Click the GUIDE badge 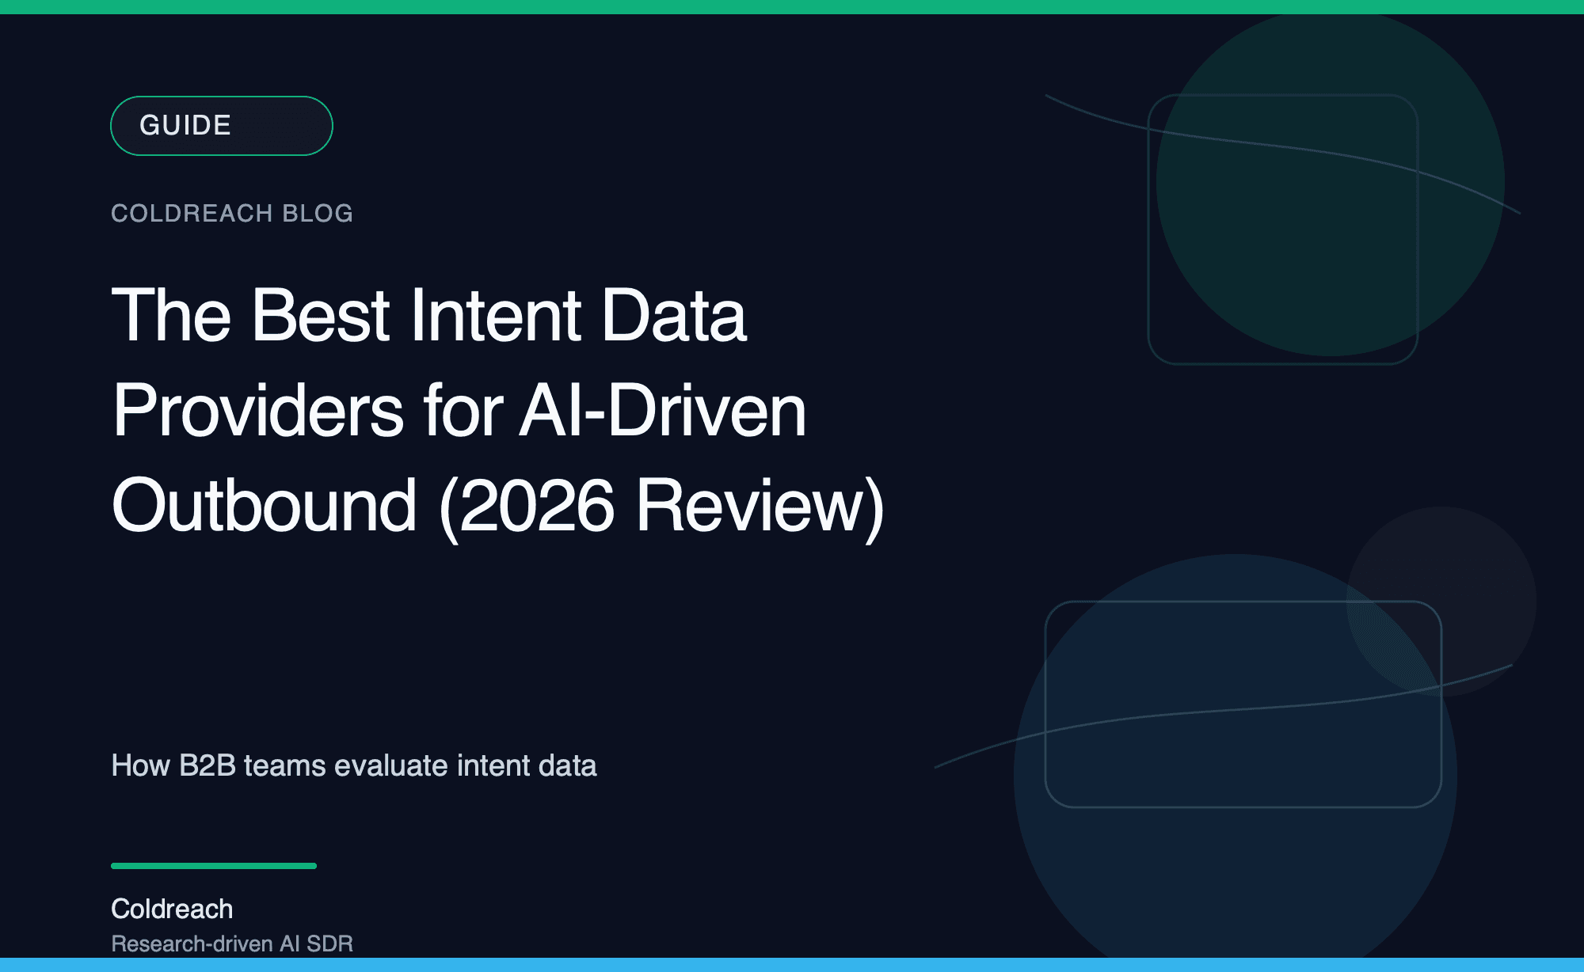click(x=221, y=126)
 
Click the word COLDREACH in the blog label click(x=192, y=214)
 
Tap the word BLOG click(x=318, y=214)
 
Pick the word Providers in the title click(x=258, y=411)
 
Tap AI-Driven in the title click(x=662, y=411)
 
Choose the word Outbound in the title click(x=264, y=506)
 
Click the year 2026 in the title click(x=536, y=506)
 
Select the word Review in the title click(x=752, y=506)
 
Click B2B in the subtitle click(x=208, y=765)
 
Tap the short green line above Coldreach click(x=214, y=866)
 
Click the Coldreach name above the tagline click(x=172, y=909)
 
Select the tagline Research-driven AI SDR click(x=232, y=944)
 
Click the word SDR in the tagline click(x=329, y=944)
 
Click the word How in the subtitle click(x=140, y=765)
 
